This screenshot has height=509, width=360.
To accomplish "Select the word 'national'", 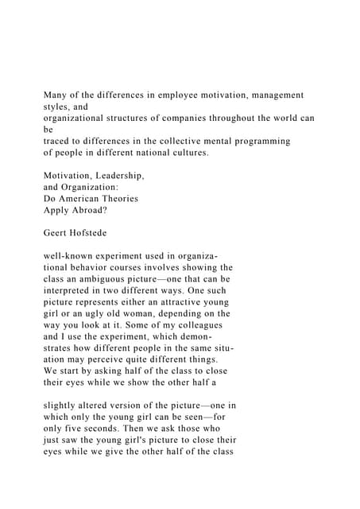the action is (153, 153).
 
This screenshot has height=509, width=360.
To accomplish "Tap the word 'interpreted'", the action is (75, 291).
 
